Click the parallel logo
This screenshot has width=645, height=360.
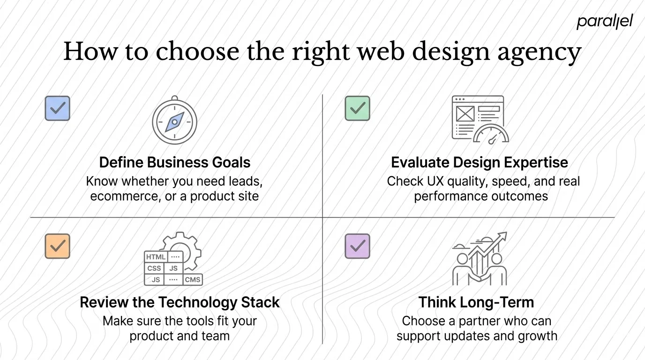(604, 22)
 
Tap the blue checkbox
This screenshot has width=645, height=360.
(57, 108)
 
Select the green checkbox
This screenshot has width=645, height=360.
(357, 108)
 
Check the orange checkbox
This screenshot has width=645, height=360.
(57, 246)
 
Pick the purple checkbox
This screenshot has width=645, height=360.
(357, 246)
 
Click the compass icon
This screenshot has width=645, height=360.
(174, 121)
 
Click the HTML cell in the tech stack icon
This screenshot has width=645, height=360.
(156, 257)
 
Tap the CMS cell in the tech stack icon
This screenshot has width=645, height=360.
(192, 279)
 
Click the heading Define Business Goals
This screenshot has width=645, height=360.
(175, 163)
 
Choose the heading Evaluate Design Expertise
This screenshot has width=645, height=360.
(480, 163)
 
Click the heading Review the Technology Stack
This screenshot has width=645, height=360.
(180, 302)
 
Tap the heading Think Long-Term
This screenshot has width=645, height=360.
(476, 302)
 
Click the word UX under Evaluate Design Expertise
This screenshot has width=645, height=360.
(436, 181)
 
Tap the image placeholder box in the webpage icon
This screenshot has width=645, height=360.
(465, 113)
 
